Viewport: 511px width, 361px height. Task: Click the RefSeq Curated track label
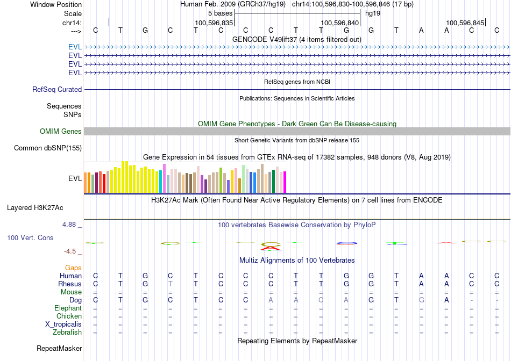point(57,90)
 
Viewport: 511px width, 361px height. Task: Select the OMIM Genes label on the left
point(61,132)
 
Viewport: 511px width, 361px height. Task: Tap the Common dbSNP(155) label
point(48,148)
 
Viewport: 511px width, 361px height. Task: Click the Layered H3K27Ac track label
point(35,207)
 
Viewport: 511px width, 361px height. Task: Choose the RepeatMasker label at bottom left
point(59,349)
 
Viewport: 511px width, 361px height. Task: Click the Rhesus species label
point(70,284)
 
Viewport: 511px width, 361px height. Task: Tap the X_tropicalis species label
point(63,324)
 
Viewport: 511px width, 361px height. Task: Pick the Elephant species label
point(68,308)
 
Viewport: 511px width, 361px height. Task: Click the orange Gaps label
point(73,268)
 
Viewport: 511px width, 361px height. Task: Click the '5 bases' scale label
point(220,13)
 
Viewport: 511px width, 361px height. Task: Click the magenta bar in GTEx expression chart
point(285,182)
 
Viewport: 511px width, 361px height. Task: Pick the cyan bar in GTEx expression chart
point(161,182)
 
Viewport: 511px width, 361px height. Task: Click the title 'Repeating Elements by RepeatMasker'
point(297,341)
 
